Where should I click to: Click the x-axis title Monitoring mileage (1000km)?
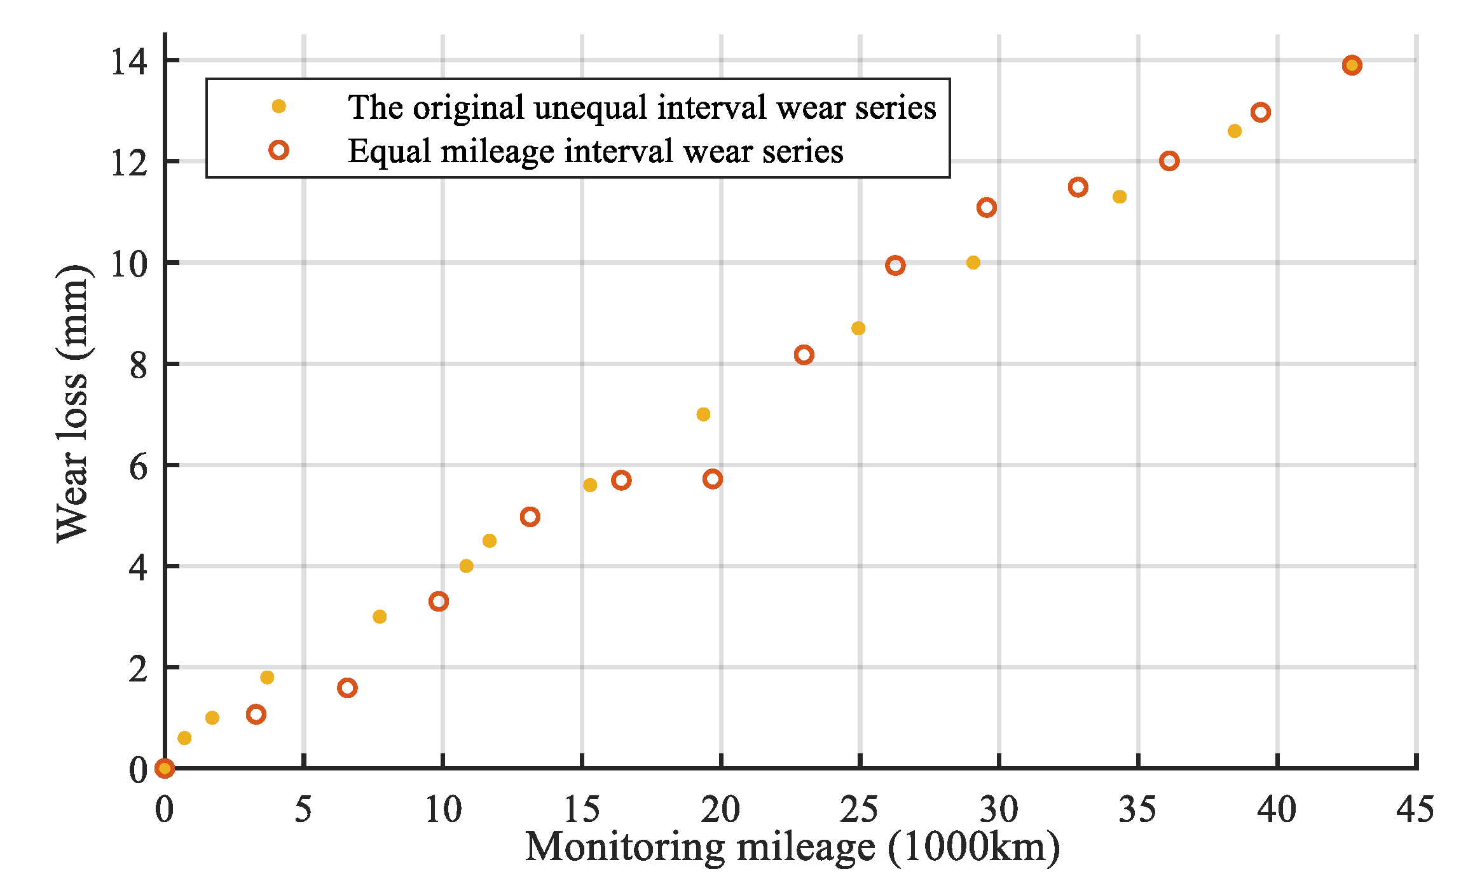(792, 847)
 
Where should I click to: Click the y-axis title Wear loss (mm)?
(74, 404)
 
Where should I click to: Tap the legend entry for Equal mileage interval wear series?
(595, 151)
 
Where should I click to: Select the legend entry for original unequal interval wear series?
(641, 107)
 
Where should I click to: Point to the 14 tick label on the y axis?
(128, 62)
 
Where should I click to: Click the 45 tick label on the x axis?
(1415, 810)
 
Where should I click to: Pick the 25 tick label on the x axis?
(859, 810)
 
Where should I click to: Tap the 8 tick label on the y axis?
(138, 366)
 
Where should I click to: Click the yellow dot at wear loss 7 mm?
(703, 414)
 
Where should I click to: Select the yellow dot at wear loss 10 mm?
(973, 263)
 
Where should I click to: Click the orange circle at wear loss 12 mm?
(1169, 161)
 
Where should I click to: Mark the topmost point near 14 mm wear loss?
(1352, 65)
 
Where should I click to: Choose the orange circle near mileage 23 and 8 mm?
(804, 355)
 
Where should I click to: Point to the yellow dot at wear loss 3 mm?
(380, 617)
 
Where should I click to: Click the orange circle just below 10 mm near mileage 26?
(895, 266)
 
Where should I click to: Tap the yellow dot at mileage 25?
(858, 328)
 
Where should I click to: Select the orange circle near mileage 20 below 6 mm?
(713, 479)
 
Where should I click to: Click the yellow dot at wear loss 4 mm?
(466, 566)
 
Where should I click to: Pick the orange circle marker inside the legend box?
(278, 150)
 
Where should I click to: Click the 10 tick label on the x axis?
(442, 810)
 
